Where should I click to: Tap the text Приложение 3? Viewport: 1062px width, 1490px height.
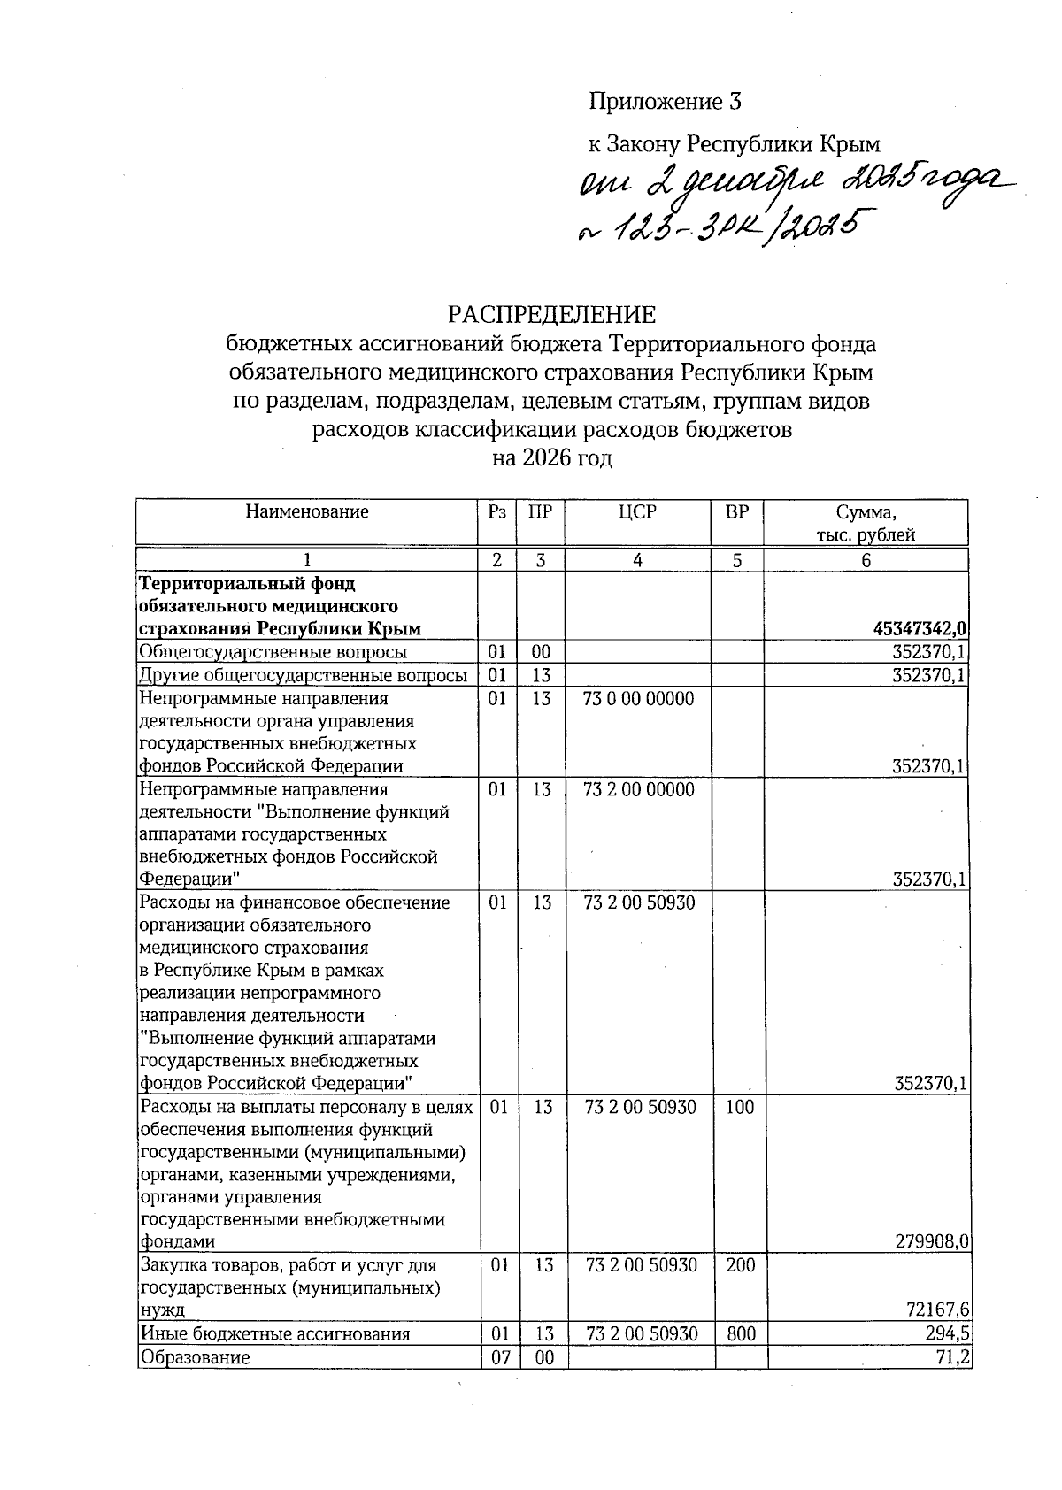(x=665, y=103)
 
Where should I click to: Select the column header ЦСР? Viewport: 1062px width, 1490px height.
(x=638, y=512)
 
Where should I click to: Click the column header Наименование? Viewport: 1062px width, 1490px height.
(x=306, y=511)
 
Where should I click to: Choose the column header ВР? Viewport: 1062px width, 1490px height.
(x=736, y=512)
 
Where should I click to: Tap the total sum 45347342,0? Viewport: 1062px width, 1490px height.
(x=920, y=629)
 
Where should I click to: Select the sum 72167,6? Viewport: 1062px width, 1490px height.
(x=938, y=1310)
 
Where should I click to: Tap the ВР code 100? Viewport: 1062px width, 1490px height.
(x=740, y=1107)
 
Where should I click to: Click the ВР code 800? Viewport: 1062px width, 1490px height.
(x=741, y=1334)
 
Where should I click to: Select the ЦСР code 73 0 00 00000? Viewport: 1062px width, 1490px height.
(x=639, y=699)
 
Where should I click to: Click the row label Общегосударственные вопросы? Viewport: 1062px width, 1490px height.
(x=273, y=652)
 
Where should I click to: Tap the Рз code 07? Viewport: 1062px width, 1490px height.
(x=500, y=1357)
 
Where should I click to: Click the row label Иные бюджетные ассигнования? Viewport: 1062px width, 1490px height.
(x=275, y=1334)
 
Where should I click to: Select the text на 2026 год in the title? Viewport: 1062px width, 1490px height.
(x=552, y=458)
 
